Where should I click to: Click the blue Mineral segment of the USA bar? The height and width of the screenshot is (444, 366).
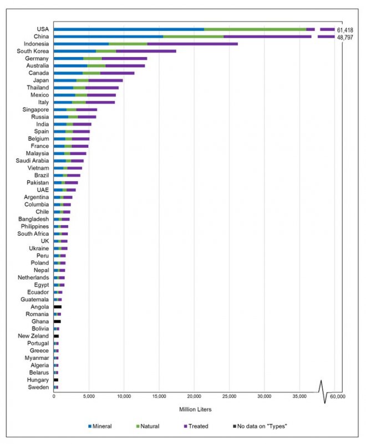click(x=129, y=29)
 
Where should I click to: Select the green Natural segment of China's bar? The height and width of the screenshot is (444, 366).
click(x=194, y=37)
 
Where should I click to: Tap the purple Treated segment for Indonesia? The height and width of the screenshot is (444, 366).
click(x=192, y=44)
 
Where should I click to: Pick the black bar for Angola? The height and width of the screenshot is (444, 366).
click(x=57, y=307)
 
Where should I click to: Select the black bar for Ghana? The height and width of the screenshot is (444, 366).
click(x=57, y=321)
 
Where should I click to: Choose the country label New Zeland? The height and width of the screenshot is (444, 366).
click(x=34, y=336)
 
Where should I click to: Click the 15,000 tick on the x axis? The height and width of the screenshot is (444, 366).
click(x=159, y=396)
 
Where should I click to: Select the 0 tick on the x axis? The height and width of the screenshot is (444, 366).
click(x=54, y=396)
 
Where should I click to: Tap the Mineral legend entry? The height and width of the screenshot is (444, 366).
click(x=100, y=426)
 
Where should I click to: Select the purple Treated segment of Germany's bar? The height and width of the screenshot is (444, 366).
click(x=124, y=58)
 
